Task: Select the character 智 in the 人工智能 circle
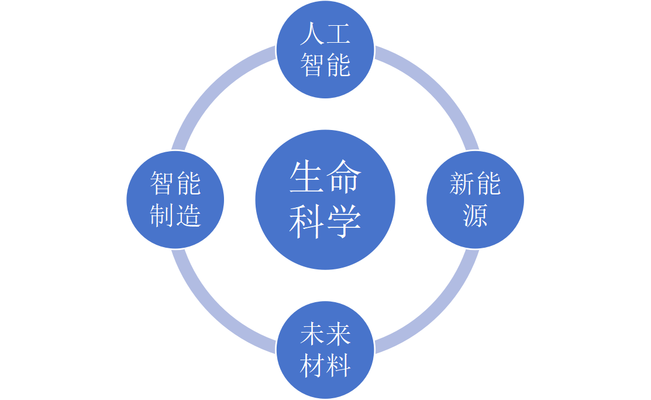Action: coord(312,64)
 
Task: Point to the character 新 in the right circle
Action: coord(461,184)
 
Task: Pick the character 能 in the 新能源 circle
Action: coord(488,184)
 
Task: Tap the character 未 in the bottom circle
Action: coord(312,336)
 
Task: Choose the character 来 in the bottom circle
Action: coord(338,336)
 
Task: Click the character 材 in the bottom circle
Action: coord(312,365)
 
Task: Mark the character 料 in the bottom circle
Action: coord(338,365)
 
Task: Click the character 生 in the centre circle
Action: coord(307,178)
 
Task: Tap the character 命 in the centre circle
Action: coord(343,178)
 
